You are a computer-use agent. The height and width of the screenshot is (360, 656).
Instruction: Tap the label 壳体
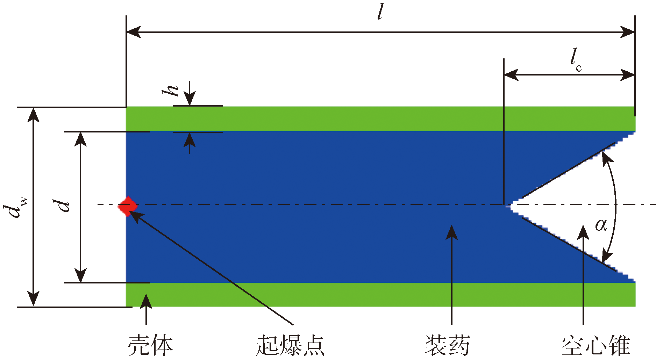(x=150, y=345)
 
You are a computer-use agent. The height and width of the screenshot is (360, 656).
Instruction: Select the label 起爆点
(x=290, y=345)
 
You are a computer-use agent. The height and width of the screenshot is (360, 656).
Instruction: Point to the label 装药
(x=448, y=345)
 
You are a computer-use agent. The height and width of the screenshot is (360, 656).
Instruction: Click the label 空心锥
(x=596, y=345)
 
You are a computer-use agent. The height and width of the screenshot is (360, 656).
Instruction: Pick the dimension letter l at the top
(x=381, y=12)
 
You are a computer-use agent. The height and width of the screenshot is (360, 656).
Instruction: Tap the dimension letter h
(x=171, y=90)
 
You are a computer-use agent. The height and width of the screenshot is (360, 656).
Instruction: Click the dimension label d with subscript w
(x=15, y=208)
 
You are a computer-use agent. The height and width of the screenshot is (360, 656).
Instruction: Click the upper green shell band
(x=350, y=119)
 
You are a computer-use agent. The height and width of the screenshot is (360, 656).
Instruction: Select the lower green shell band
(x=350, y=295)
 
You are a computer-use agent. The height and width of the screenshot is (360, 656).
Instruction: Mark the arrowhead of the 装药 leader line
(x=452, y=231)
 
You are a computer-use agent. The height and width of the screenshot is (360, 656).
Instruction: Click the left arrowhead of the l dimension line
(x=133, y=32)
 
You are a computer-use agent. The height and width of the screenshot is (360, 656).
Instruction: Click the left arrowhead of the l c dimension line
(x=511, y=74)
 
